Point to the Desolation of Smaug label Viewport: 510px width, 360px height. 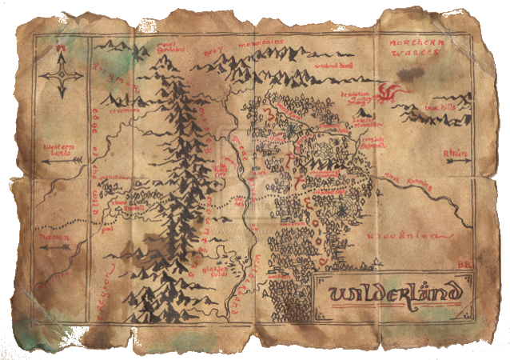point(356,97)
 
